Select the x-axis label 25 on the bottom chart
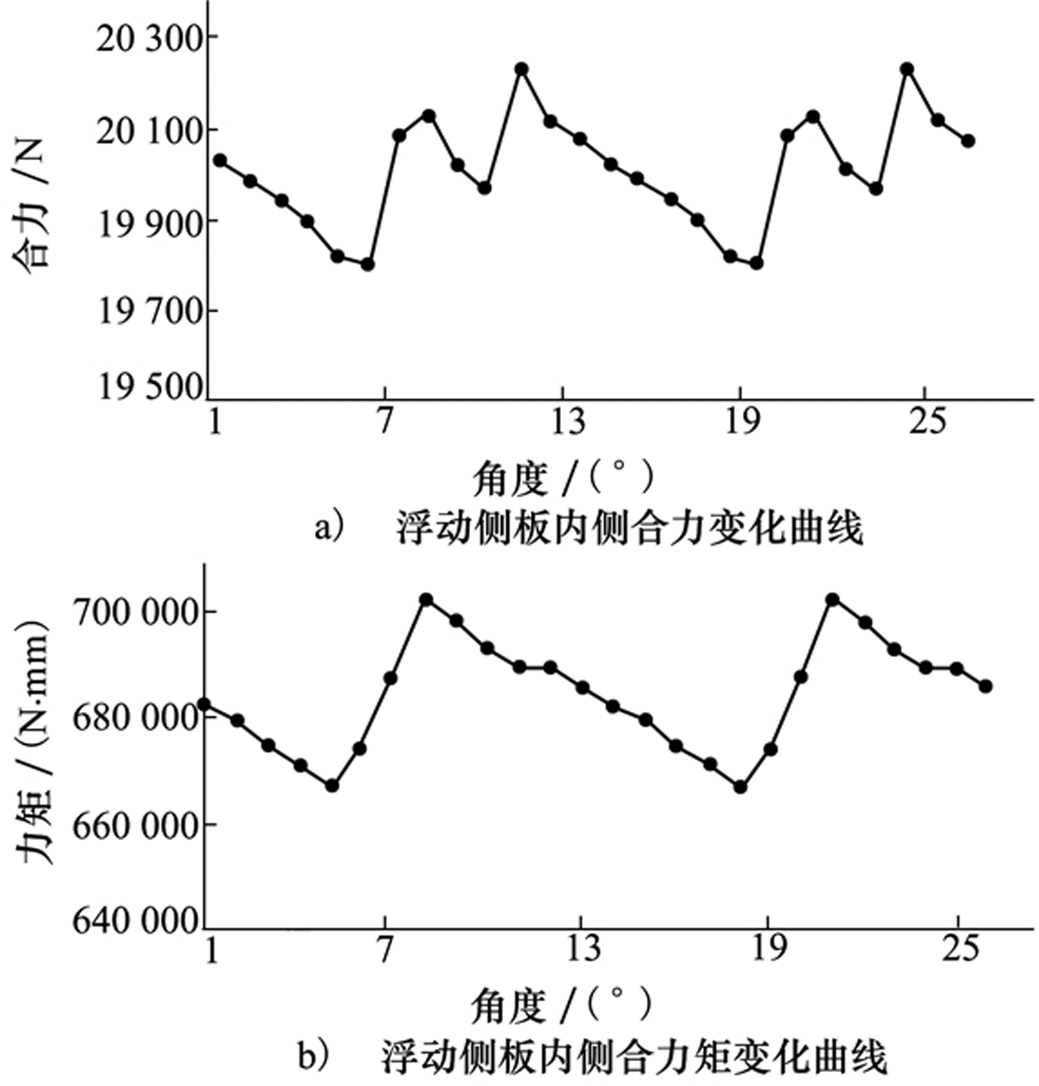(x=958, y=948)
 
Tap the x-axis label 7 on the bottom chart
(x=384, y=948)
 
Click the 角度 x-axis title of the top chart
(x=562, y=475)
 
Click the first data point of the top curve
(x=220, y=160)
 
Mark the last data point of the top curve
(x=968, y=140)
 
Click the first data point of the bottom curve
(x=204, y=704)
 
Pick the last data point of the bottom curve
(x=985, y=686)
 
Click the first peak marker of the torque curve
(x=425, y=599)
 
